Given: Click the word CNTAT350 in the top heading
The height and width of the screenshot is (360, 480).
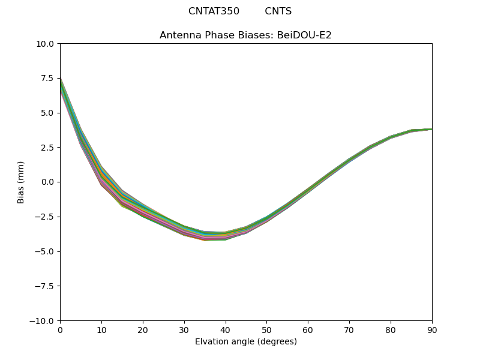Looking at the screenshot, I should (x=214, y=11).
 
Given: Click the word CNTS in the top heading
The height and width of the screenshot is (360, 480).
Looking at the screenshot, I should (x=278, y=11).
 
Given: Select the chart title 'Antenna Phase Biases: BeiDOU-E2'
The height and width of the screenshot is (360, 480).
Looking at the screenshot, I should (x=245, y=35).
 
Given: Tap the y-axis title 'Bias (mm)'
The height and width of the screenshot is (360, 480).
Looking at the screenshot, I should (x=21, y=182).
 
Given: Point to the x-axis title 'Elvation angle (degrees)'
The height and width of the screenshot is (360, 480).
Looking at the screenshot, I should (x=245, y=341).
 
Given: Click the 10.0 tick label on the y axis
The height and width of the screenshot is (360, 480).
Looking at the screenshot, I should (x=46, y=44).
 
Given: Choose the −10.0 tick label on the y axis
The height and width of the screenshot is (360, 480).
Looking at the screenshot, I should (x=43, y=320).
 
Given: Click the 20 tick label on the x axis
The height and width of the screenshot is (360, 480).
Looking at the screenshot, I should (x=143, y=329).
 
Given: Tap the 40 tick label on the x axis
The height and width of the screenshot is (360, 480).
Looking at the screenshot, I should (x=226, y=329).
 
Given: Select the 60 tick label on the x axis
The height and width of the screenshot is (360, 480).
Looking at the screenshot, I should (x=308, y=329).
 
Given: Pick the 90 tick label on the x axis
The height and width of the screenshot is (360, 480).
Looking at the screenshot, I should (x=432, y=329).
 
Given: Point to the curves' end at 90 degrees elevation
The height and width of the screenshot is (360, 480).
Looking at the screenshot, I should (x=431, y=129).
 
